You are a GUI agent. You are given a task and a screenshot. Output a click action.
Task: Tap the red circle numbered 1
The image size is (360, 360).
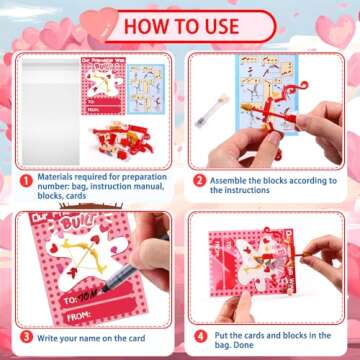click(27, 182)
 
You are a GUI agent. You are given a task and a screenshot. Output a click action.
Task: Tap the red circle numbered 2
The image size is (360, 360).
click(199, 181)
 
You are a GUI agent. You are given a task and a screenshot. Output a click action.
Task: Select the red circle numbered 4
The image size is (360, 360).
click(199, 336)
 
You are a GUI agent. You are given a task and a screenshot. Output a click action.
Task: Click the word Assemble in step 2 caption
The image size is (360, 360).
click(232, 182)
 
